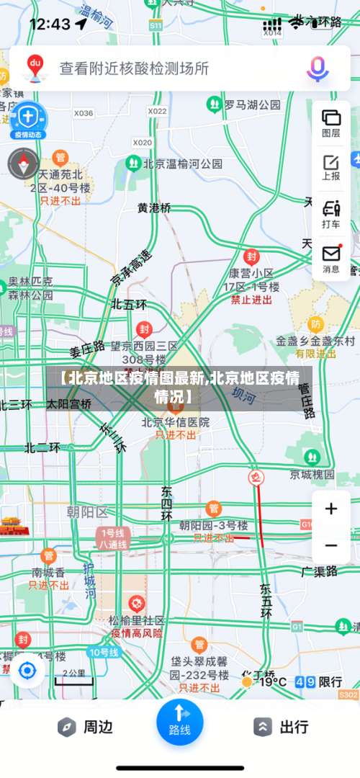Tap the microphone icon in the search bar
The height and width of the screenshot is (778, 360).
(318, 68)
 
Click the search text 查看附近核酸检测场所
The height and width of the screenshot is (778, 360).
(134, 68)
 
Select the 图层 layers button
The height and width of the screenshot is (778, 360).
(331, 122)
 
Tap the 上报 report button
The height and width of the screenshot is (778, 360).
(331, 166)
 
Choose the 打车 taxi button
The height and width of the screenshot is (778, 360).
(331, 214)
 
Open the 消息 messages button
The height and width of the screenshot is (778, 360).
(331, 259)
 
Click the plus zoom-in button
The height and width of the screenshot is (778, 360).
(330, 509)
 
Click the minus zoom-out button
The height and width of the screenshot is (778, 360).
(330, 545)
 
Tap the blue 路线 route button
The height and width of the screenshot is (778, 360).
(179, 720)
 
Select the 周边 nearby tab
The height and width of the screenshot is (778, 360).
(85, 727)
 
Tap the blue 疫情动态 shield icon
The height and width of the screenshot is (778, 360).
(27, 119)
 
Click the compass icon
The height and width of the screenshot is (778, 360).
(23, 164)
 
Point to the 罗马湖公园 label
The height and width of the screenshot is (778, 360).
(251, 104)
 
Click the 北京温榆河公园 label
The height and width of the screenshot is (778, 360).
(182, 164)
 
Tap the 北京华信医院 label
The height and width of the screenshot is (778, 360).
(175, 422)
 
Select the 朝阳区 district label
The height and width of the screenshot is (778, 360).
(86, 512)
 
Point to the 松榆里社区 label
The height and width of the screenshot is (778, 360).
(137, 620)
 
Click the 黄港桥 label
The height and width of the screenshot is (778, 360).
(155, 207)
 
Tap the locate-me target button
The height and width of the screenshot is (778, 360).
(27, 671)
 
